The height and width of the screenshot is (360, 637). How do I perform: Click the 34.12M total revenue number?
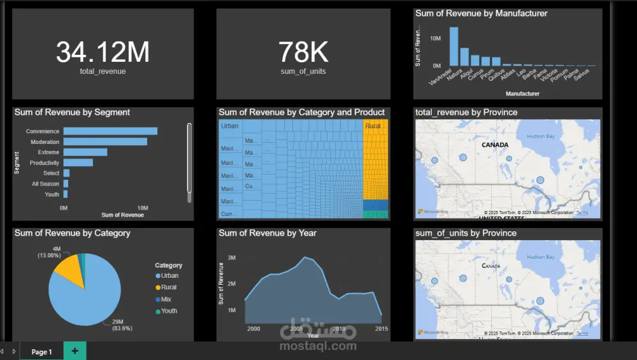[x=103, y=52]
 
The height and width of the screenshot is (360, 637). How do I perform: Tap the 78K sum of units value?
[x=303, y=52]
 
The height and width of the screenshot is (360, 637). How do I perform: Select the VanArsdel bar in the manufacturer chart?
[x=454, y=47]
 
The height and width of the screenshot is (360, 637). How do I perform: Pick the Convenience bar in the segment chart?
[x=110, y=131]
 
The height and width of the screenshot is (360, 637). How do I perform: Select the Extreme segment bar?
[x=85, y=152]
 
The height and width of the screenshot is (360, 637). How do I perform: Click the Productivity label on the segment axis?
[x=44, y=163]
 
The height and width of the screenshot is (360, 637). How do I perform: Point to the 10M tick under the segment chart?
[x=143, y=208]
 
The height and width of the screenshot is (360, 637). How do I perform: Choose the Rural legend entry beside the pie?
[x=169, y=287]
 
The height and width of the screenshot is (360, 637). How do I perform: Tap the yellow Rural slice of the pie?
[x=68, y=271]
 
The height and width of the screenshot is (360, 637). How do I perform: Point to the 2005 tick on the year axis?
[x=296, y=329]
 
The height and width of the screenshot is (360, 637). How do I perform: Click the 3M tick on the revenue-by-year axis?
[x=232, y=257]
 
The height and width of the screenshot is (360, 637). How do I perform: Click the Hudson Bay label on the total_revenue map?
[x=541, y=136]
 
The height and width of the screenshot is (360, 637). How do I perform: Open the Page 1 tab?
[x=41, y=352]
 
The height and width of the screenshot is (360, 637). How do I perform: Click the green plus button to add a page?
[x=75, y=351]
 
